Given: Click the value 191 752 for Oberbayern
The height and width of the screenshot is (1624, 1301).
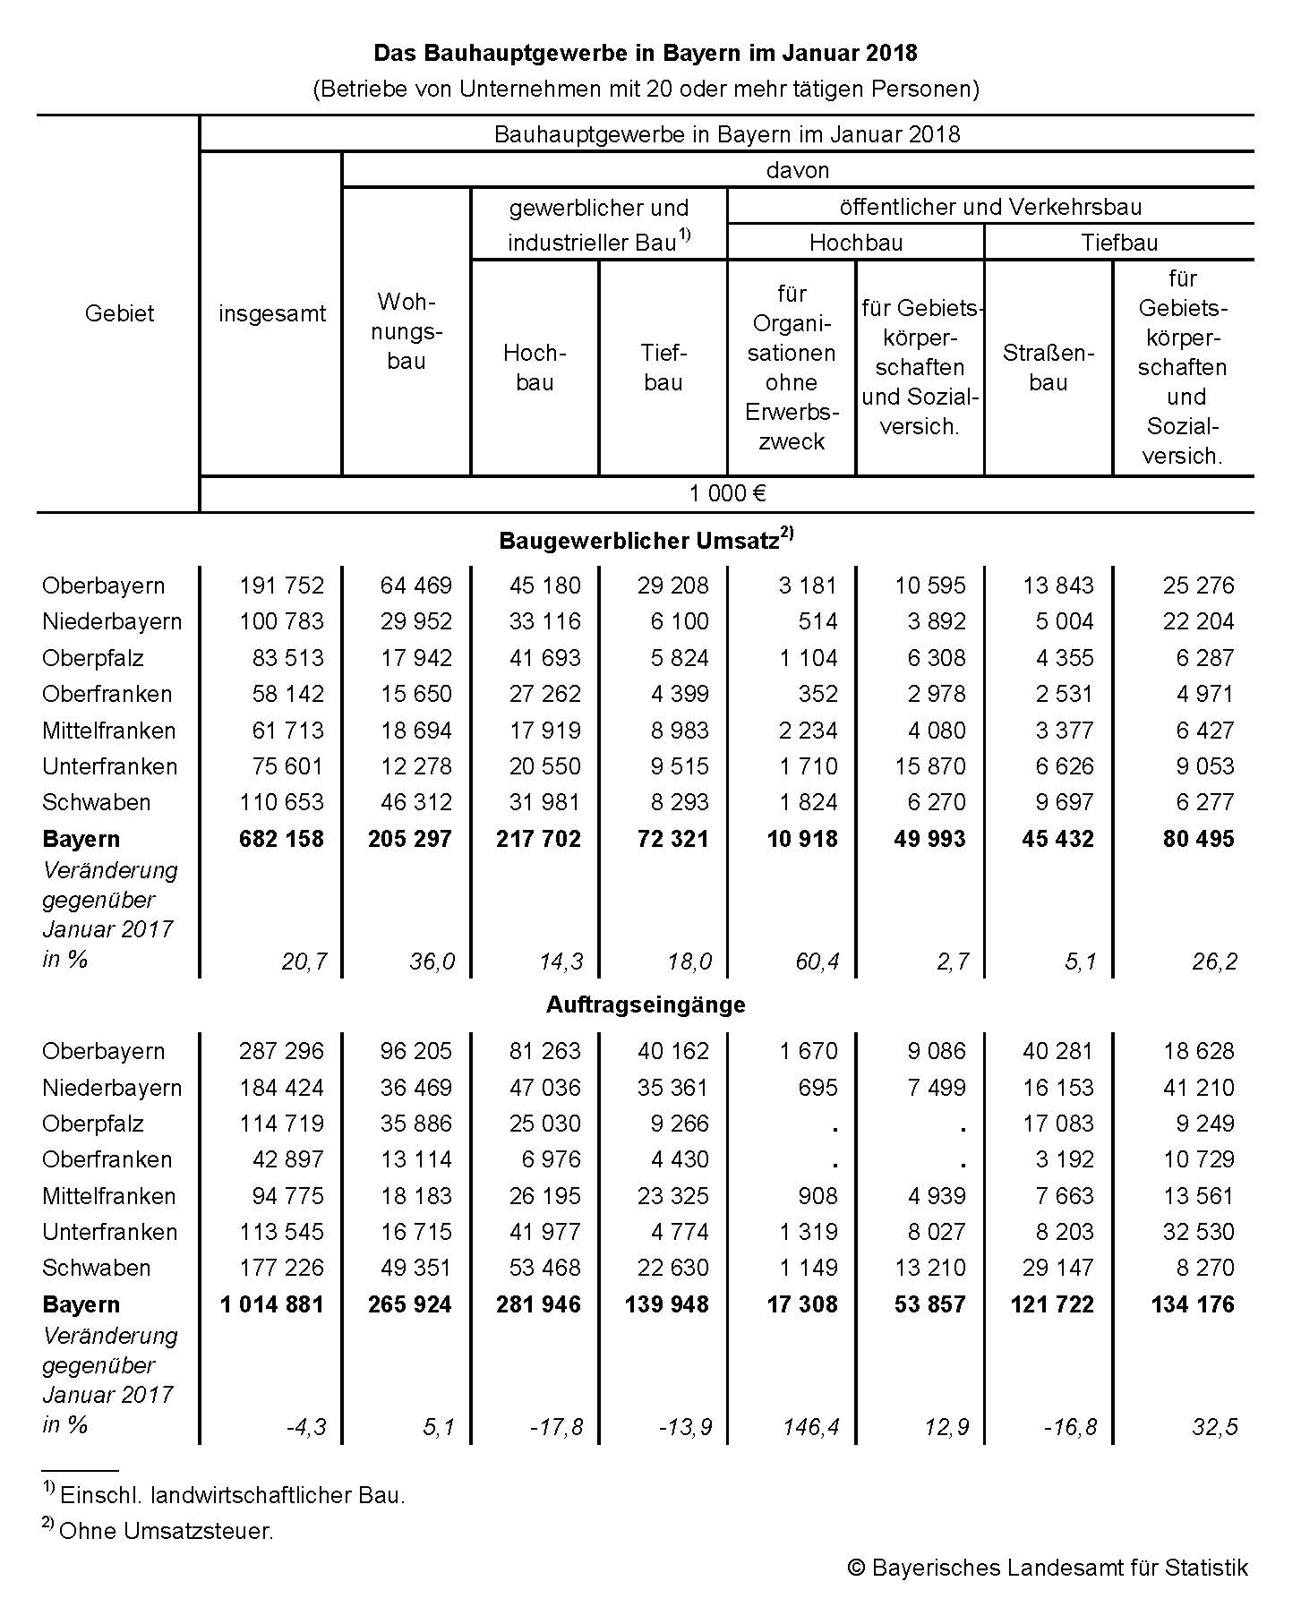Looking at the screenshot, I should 281,585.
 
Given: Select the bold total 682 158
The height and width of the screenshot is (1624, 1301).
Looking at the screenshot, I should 281,839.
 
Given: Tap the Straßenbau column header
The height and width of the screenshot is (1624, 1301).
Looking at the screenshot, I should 1048,367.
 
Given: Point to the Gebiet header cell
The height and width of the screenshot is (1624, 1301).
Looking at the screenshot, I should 119,313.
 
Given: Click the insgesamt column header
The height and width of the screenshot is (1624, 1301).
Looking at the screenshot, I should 272,313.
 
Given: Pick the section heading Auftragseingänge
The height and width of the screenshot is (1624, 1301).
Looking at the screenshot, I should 646,1004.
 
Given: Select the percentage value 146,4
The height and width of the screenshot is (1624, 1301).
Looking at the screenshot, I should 809,1426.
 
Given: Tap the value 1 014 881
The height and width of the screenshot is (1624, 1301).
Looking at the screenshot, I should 272,1304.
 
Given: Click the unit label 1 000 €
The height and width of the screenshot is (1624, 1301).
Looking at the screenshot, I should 727,493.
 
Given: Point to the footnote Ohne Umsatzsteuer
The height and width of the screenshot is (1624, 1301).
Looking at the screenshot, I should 166,1531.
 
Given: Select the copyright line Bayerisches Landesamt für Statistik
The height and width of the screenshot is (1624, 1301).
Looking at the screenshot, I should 1048,1568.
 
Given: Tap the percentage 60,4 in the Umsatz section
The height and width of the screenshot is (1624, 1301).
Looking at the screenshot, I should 817,962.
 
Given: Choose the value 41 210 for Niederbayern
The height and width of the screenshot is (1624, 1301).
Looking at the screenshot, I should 1198,1088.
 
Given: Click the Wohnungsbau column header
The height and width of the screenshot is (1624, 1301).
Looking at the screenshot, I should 407,331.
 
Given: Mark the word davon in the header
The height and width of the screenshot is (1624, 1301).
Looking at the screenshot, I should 798,170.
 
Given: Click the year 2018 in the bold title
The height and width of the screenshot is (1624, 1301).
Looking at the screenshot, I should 891,53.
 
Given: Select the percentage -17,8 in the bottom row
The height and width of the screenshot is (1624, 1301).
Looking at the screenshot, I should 556,1426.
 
